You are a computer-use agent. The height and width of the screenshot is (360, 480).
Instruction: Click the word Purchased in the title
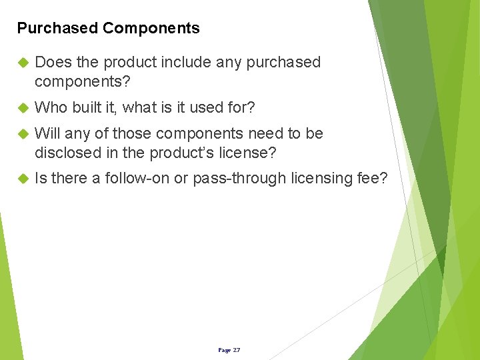[x=57, y=28]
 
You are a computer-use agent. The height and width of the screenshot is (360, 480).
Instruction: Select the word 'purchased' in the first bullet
[x=283, y=63]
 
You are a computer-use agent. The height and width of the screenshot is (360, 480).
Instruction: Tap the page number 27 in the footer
[x=237, y=350]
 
